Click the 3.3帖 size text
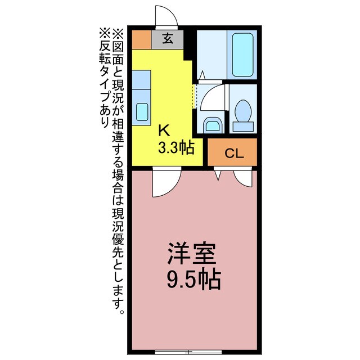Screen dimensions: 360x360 [x=175, y=148]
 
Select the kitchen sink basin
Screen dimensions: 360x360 [x=141, y=112]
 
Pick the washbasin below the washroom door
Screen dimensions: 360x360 [x=211, y=124]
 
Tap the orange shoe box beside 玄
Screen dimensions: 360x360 [x=142, y=39]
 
